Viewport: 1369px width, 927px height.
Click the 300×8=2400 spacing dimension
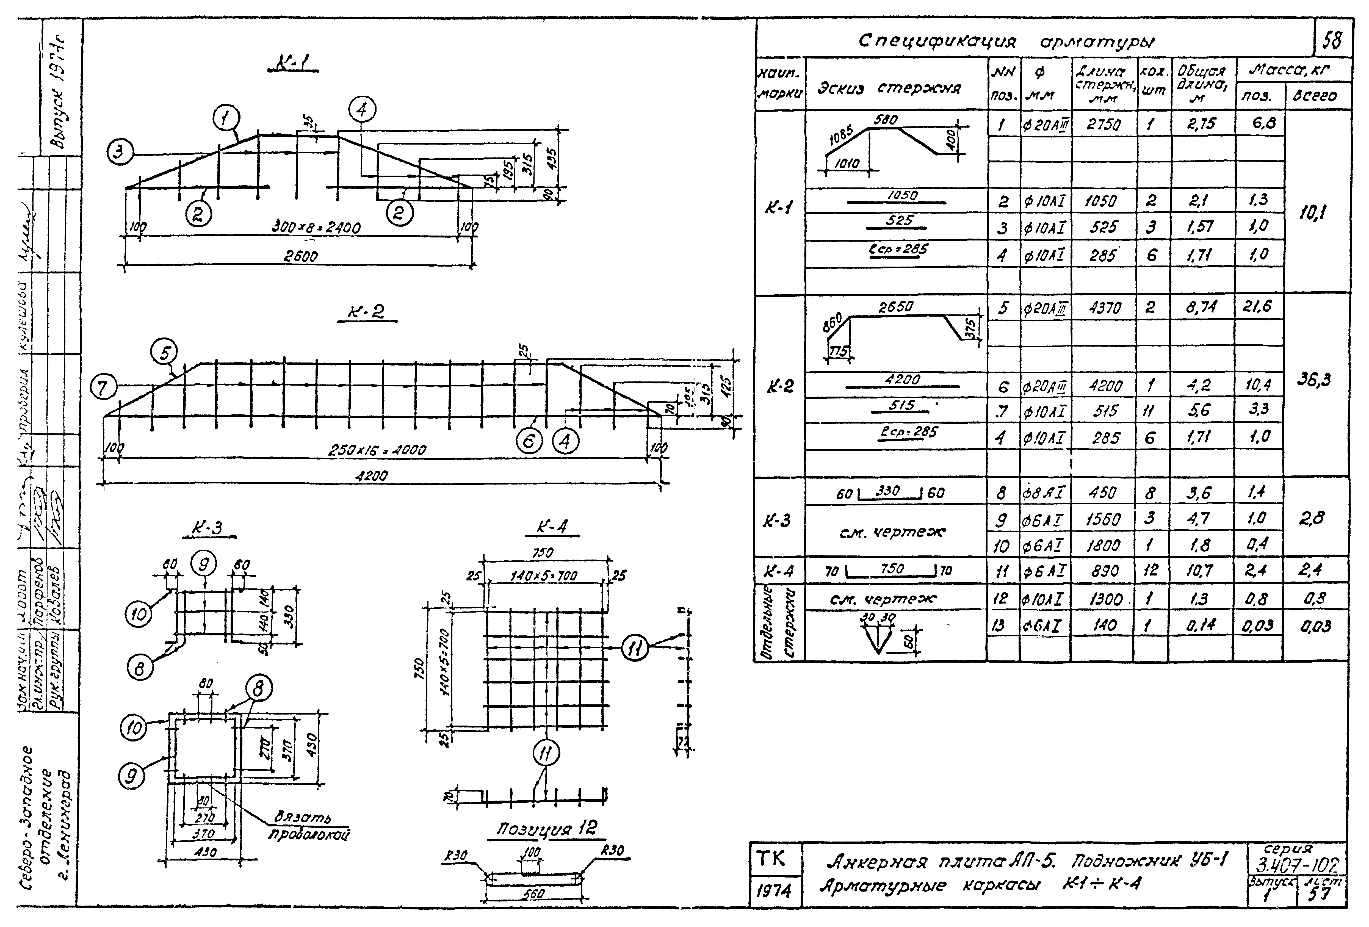point(316,227)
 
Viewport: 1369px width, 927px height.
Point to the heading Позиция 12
point(546,829)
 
